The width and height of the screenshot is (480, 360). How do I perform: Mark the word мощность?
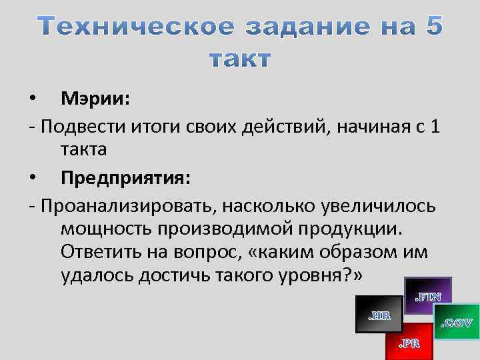[x=107, y=230]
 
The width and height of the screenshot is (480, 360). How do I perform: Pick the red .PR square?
[x=409, y=341]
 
